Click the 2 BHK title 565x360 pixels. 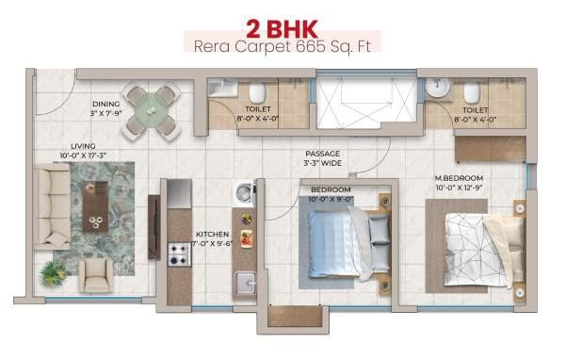[x=282, y=29]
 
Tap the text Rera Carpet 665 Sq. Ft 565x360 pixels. [x=282, y=47]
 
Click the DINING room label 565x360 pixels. [x=105, y=105]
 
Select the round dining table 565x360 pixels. [x=151, y=110]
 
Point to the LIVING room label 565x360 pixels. [x=83, y=146]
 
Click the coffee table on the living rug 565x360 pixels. [x=95, y=206]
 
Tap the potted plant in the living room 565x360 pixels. [x=53, y=272]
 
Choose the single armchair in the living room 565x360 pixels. [x=96, y=274]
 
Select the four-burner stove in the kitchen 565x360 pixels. [x=179, y=254]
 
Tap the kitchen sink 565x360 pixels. [x=245, y=283]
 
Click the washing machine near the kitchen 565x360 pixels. [x=245, y=192]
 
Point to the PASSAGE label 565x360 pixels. [x=322, y=154]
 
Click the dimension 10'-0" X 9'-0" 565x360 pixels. [x=331, y=199]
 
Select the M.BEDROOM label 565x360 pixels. [x=459, y=178]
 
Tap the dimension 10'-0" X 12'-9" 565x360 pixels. [x=459, y=188]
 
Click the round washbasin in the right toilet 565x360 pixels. [x=438, y=88]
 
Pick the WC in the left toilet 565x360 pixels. [x=257, y=92]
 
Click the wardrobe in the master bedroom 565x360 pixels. [x=490, y=149]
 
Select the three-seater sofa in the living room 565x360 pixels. [x=52, y=206]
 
